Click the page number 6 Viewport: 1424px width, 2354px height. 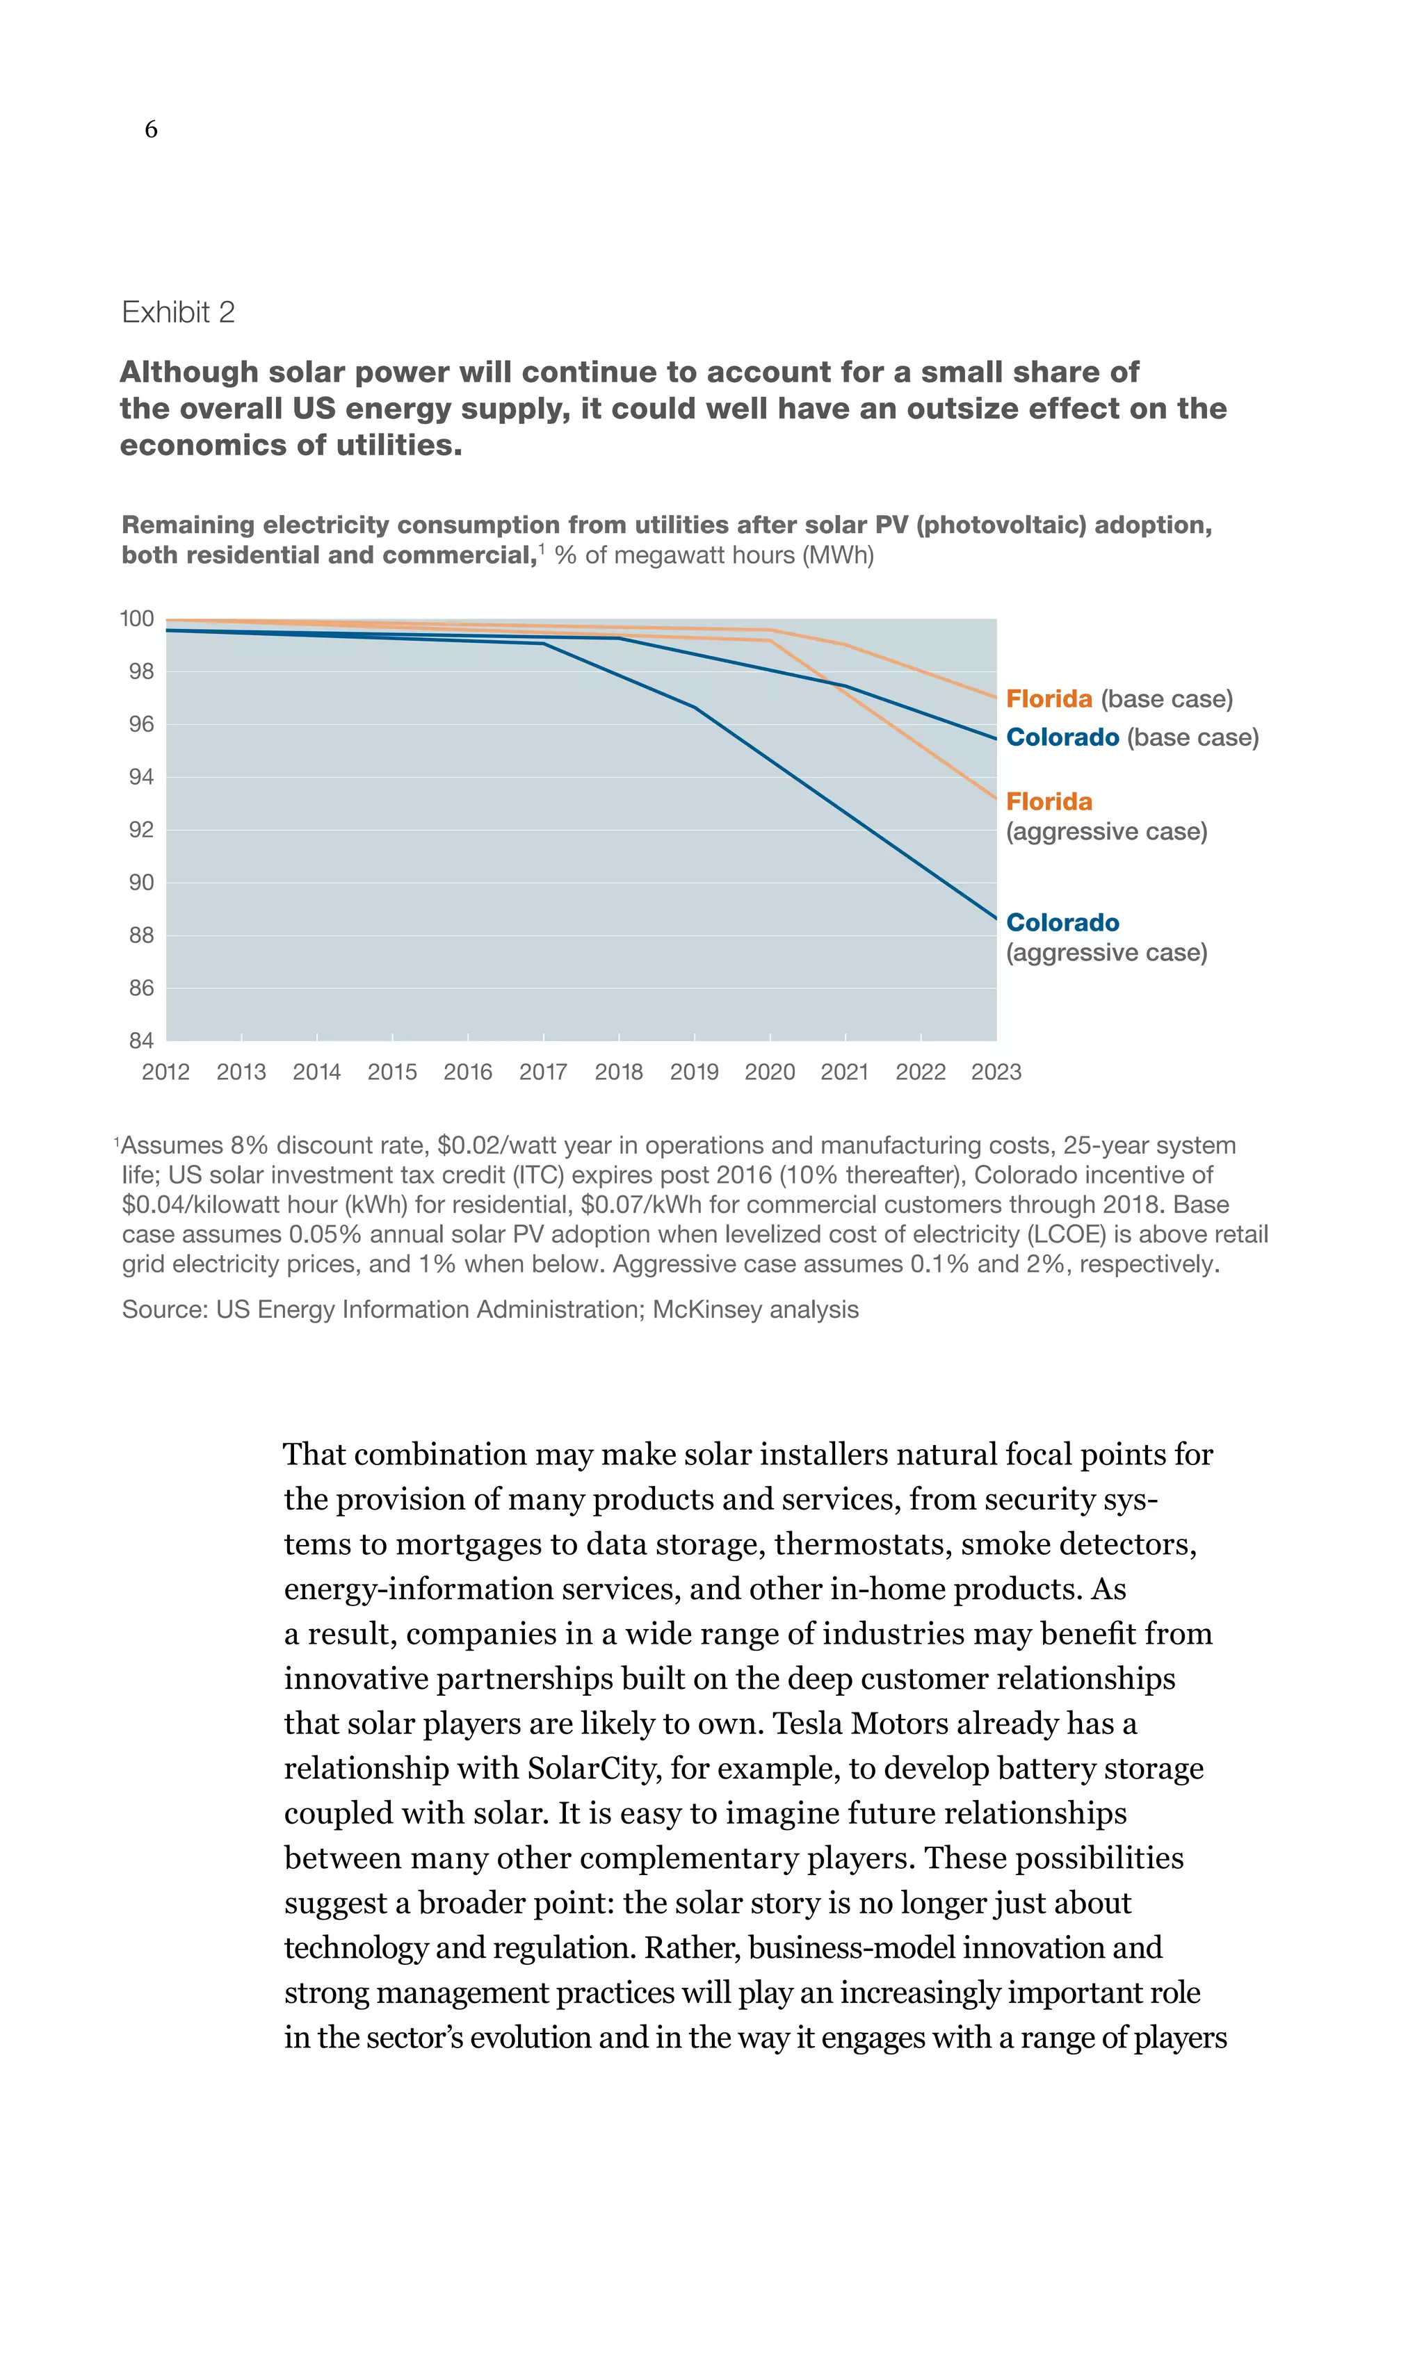pyautogui.click(x=151, y=129)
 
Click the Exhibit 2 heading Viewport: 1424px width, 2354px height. pyautogui.click(x=178, y=312)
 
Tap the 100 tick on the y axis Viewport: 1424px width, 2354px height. pyautogui.click(x=137, y=619)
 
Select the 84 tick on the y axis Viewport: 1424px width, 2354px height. pyautogui.click(x=140, y=1040)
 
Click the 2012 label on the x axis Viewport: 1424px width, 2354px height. pyautogui.click(x=165, y=1072)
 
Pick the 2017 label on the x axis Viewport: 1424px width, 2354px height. pyautogui.click(x=543, y=1072)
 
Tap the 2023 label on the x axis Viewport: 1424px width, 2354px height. pyautogui.click(x=996, y=1072)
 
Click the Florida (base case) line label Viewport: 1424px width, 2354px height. pyautogui.click(x=1118, y=699)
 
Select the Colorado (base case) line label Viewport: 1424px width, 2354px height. pyautogui.click(x=1131, y=737)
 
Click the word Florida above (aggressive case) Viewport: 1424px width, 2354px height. pyautogui.click(x=1049, y=801)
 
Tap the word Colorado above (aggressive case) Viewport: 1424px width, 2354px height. pyautogui.click(x=1062, y=923)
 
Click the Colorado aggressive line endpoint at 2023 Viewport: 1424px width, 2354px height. pyautogui.click(x=995, y=918)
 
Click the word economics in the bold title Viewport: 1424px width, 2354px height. pyautogui.click(x=202, y=446)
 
